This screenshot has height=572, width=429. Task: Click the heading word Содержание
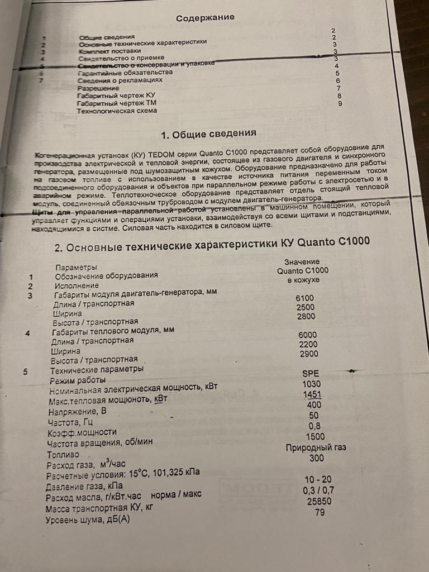click(x=205, y=17)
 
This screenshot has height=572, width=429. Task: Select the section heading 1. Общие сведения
click(x=208, y=134)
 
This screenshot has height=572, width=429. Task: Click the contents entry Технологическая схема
click(x=117, y=111)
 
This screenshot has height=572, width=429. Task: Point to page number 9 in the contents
click(x=340, y=103)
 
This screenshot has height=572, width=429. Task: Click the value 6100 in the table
click(x=305, y=298)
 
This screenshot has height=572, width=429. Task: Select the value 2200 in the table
click(x=308, y=345)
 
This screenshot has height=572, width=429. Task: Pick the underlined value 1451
click(x=312, y=394)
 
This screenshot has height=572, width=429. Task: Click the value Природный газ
click(x=316, y=447)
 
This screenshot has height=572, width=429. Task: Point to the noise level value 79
click(x=320, y=512)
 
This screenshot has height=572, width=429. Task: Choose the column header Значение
click(x=302, y=262)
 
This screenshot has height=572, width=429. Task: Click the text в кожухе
click(x=303, y=280)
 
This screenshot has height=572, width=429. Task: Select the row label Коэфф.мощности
click(x=82, y=432)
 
